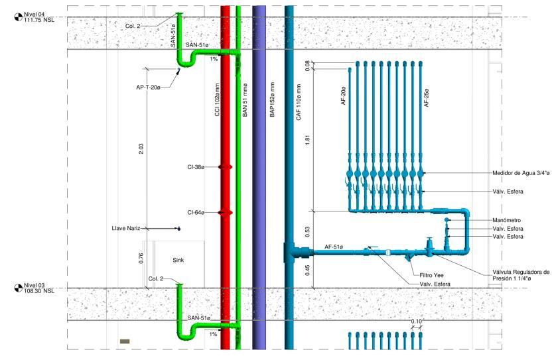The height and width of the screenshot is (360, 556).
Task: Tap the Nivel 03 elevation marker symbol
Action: click(18, 288)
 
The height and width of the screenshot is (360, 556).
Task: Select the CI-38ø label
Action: click(196, 167)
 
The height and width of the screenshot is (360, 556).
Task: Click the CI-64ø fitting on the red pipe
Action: click(225, 213)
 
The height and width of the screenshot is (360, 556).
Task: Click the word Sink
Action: click(178, 260)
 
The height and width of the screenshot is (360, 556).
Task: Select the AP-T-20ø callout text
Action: click(148, 87)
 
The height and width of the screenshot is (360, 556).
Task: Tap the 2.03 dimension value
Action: click(141, 149)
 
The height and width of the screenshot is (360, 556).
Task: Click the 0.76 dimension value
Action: click(141, 258)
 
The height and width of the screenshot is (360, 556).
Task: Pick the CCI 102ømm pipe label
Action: click(218, 100)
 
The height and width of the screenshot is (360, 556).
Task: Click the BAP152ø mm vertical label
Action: click(272, 100)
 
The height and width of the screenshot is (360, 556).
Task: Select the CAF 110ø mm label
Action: click(299, 102)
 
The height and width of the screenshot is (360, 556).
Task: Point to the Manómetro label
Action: click(507, 220)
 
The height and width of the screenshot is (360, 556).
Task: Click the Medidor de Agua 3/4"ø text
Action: click(521, 173)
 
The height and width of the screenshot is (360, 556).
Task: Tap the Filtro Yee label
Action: click(431, 275)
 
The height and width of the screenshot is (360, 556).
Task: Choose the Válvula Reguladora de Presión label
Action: click(521, 275)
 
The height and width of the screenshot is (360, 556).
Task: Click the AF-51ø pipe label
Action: click(334, 247)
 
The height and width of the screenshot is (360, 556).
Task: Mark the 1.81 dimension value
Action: click(307, 140)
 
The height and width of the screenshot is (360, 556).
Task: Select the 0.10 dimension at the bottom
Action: click(417, 322)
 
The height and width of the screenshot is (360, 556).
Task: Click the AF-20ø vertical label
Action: click(343, 95)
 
